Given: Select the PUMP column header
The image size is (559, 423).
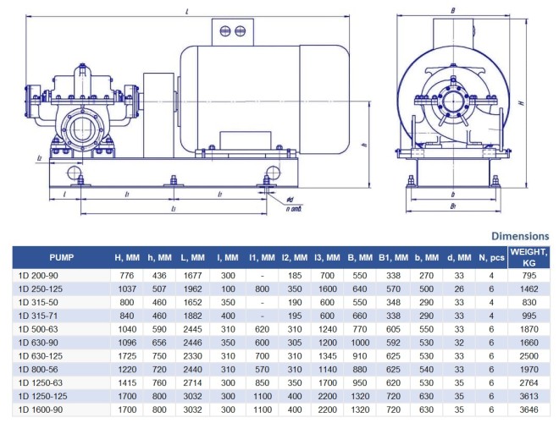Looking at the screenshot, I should pos(61,257).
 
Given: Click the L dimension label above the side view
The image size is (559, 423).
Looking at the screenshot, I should pos(186,10).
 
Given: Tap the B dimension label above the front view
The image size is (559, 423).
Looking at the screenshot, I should pos(454,10).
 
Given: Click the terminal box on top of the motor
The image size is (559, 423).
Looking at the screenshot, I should pos(231,32).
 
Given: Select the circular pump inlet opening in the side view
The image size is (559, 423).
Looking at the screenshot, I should pos(82,133).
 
